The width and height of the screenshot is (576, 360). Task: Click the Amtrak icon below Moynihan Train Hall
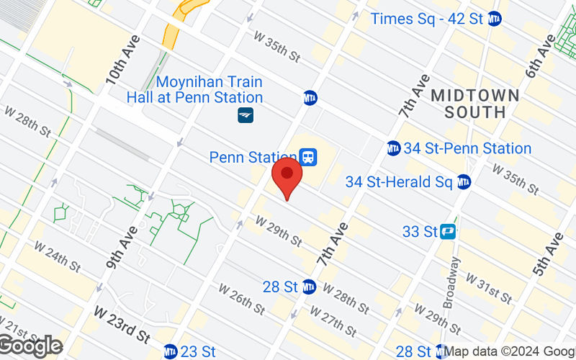[x=246, y=114]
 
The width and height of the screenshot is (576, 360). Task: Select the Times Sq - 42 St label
[x=427, y=19]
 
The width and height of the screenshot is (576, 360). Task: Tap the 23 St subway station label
[x=197, y=351]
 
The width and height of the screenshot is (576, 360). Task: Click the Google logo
[x=30, y=346]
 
